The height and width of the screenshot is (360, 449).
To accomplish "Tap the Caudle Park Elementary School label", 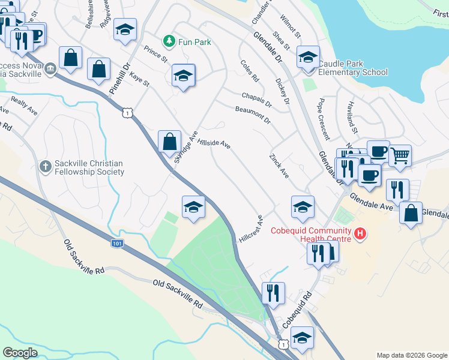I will pyautogui.click(x=353, y=68).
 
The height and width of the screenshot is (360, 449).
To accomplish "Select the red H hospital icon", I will pyautogui.click(x=360, y=233).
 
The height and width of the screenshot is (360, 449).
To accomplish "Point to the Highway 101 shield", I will pyautogui.click(x=118, y=244).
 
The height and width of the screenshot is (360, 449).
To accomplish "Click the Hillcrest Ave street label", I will pyautogui.click(x=252, y=228).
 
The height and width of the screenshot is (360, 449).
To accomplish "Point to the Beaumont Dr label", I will pyautogui.click(x=253, y=112).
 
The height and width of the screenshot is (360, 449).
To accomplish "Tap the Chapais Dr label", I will pyautogui.click(x=256, y=100).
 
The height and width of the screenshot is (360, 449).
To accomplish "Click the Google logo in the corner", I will pyautogui.click(x=20, y=353).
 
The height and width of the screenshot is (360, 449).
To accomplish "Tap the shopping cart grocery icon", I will pyautogui.click(x=400, y=156).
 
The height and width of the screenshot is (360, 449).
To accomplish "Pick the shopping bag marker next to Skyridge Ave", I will pyautogui.click(x=170, y=142).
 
